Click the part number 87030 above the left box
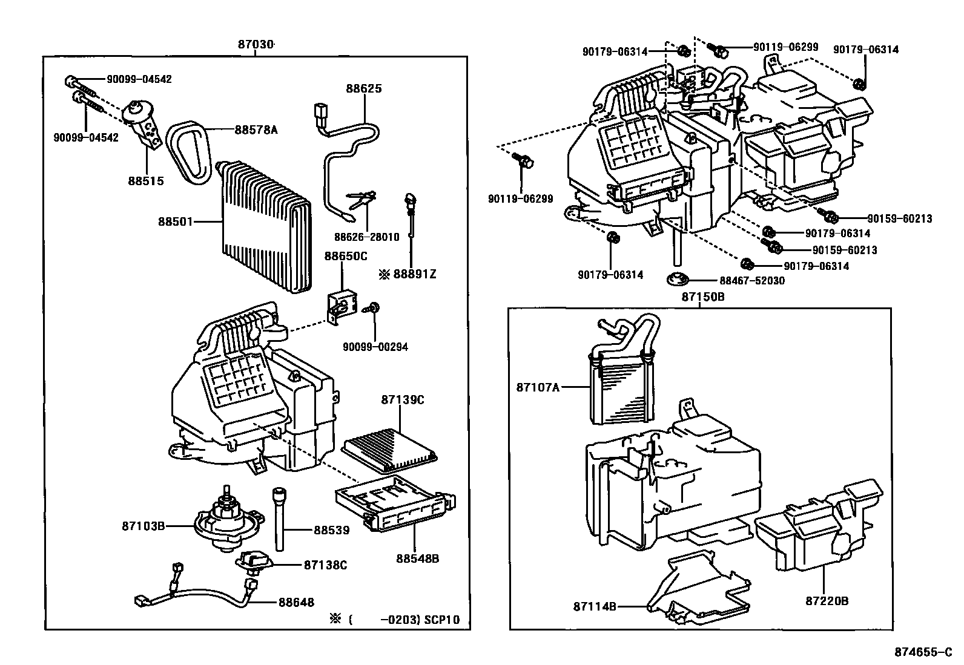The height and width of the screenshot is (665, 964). tap(256, 44)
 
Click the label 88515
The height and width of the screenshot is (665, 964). tap(146, 181)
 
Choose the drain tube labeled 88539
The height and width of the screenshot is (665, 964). tap(279, 519)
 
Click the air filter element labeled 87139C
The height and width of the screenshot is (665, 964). tap(389, 450)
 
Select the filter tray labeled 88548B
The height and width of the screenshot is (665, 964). tap(395, 502)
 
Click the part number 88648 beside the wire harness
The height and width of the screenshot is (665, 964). tap(297, 602)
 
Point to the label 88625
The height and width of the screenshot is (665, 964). tap(364, 88)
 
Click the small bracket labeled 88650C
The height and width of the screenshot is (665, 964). tap(342, 307)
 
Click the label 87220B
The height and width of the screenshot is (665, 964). tap(827, 601)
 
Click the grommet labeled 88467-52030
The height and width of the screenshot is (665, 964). tap(677, 279)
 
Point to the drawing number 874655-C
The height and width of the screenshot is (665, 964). tap(923, 652)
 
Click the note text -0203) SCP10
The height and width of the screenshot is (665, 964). tap(420, 620)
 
